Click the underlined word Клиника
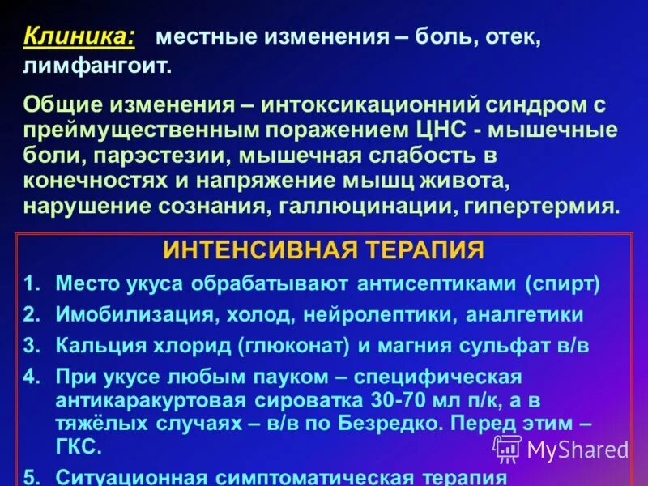point(79,37)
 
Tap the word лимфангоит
point(97,65)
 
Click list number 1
point(31,283)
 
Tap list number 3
point(31,345)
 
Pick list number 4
point(31,377)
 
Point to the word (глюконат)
point(293,345)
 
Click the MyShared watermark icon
point(507,448)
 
